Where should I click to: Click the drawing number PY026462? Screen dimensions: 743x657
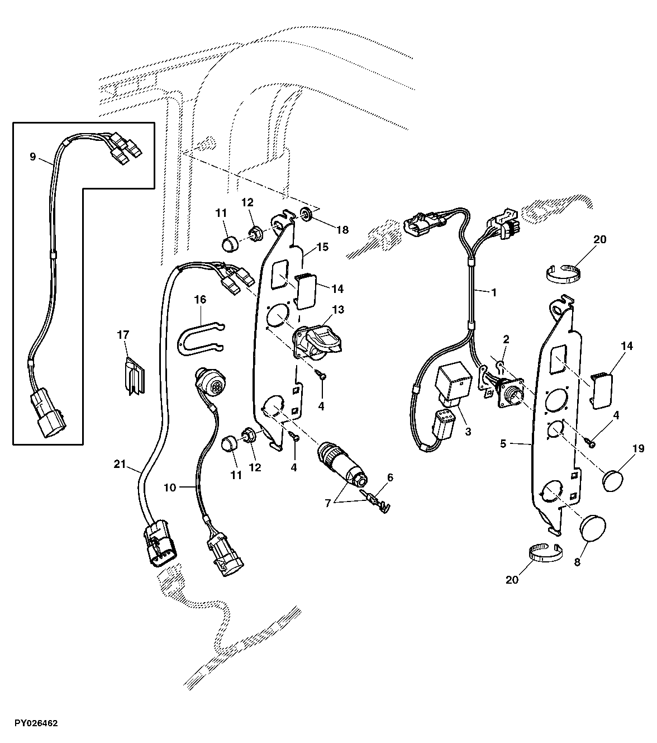(30, 723)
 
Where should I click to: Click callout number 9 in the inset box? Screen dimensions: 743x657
(32, 157)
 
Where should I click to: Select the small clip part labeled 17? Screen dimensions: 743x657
(133, 374)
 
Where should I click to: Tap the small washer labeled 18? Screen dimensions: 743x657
(307, 214)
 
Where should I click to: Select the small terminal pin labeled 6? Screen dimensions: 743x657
(377, 496)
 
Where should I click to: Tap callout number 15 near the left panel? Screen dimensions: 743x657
(322, 247)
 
